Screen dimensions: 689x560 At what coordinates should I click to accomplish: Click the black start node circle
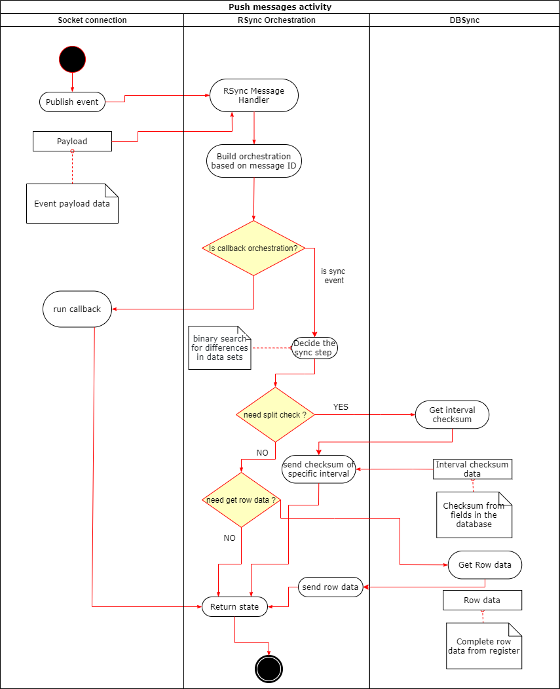click(x=72, y=59)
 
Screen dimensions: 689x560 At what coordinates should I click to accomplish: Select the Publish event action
click(x=72, y=102)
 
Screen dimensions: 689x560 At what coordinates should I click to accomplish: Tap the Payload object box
click(x=72, y=141)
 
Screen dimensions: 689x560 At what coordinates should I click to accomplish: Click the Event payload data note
click(x=72, y=203)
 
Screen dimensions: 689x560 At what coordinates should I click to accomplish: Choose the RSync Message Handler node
click(x=254, y=96)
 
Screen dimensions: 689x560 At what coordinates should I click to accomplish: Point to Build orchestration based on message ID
click(x=254, y=161)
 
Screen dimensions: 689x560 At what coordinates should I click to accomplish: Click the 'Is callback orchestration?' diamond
click(x=253, y=248)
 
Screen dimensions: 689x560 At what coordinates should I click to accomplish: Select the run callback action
click(x=77, y=309)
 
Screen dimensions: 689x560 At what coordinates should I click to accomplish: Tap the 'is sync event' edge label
click(x=333, y=275)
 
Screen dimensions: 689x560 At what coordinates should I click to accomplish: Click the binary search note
click(x=219, y=347)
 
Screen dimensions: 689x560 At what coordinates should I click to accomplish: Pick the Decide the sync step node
click(x=314, y=347)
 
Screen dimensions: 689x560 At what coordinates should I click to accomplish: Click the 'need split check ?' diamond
click(x=275, y=414)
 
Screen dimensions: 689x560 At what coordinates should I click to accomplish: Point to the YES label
click(x=341, y=407)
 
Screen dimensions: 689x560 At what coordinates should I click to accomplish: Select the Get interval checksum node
click(x=452, y=414)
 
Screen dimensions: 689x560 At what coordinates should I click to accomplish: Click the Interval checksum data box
click(x=472, y=469)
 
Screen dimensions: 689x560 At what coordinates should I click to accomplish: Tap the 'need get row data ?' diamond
click(x=241, y=500)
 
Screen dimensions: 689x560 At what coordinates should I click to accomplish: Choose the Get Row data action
click(x=485, y=564)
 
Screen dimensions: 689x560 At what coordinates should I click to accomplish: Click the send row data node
click(x=331, y=587)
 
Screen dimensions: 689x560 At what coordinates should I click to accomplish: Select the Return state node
click(x=234, y=606)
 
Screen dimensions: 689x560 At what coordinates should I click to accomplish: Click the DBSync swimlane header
click(x=464, y=20)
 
